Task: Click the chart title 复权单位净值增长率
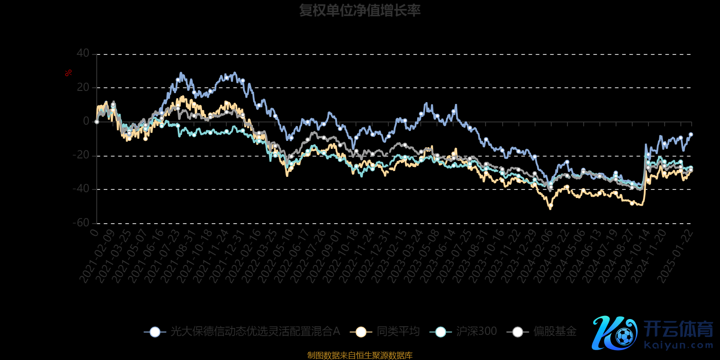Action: (x=360, y=10)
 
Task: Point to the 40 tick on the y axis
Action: (x=83, y=54)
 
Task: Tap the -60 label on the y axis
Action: (x=81, y=223)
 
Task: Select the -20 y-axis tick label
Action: (x=81, y=155)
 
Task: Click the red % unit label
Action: (x=68, y=73)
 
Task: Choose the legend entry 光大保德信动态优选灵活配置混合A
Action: (x=254, y=332)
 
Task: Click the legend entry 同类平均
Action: (x=398, y=332)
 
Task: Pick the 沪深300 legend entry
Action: (x=476, y=332)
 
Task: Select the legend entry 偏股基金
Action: (x=554, y=332)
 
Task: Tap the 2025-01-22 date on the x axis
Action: (x=675, y=256)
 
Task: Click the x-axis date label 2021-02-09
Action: (x=97, y=256)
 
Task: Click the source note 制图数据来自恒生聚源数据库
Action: (x=360, y=355)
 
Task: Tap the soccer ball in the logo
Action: (x=624, y=336)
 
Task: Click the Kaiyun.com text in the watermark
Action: (x=679, y=346)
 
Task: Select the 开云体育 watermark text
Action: (x=679, y=329)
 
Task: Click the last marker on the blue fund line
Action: (x=691, y=135)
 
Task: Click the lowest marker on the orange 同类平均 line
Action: (x=550, y=205)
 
